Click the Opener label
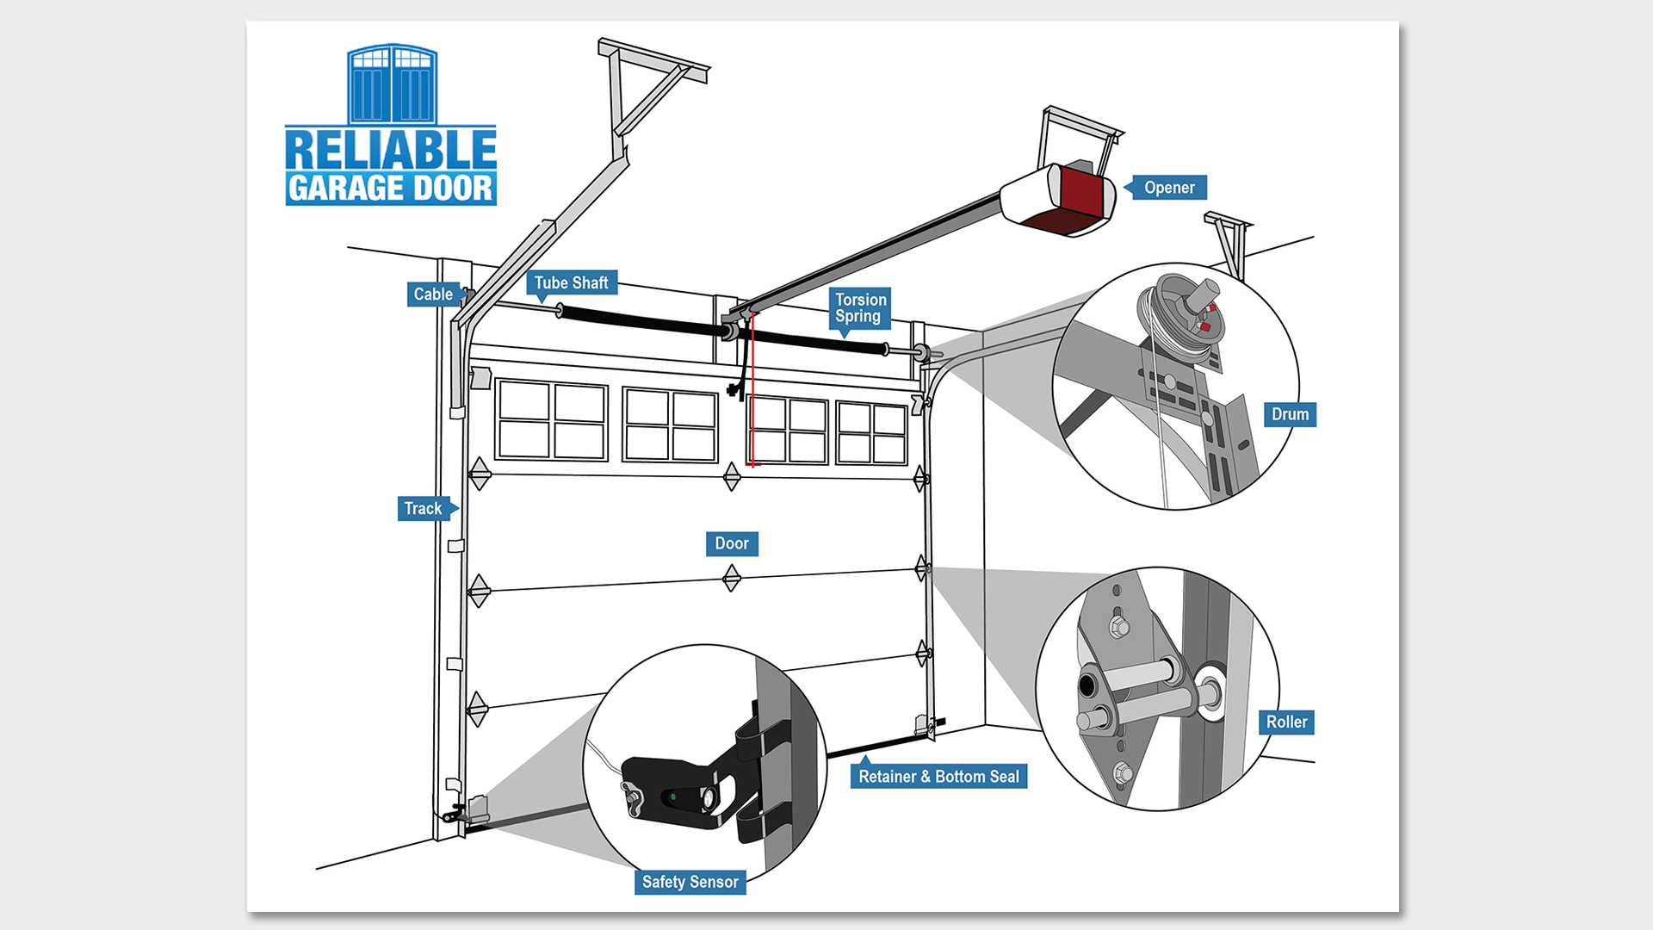point(1168,188)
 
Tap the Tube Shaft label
point(571,283)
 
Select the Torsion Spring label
point(860,308)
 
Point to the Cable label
point(433,294)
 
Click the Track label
point(423,509)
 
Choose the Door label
point(732,544)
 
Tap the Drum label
point(1290,415)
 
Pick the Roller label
point(1286,722)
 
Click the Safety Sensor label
point(690,883)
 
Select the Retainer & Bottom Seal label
point(938,777)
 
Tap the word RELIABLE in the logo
point(391,150)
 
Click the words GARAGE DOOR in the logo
point(391,189)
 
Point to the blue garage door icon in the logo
point(392,84)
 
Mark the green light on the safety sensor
point(673,797)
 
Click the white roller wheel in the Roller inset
point(1210,689)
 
